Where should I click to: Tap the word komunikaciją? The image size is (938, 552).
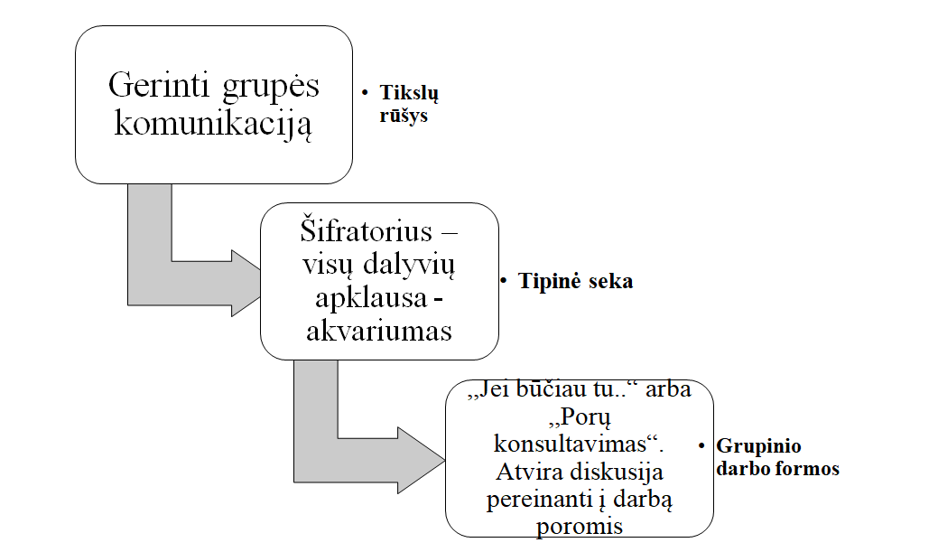pyautogui.click(x=213, y=123)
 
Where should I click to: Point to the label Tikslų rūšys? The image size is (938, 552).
pyautogui.click(x=409, y=104)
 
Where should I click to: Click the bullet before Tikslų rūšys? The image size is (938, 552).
pyautogui.click(x=365, y=93)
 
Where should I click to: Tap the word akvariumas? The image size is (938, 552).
pyautogui.click(x=379, y=331)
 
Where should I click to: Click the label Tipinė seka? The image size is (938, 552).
pyautogui.click(x=575, y=281)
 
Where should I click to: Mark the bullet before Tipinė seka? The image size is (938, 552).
pyautogui.click(x=504, y=281)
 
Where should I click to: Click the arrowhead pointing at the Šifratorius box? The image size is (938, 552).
pyautogui.click(x=245, y=283)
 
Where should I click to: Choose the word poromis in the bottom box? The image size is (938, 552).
pyautogui.click(x=579, y=526)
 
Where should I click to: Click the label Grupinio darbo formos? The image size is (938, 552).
pyautogui.click(x=777, y=457)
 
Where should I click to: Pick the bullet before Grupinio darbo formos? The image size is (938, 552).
pyautogui.click(x=701, y=446)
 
